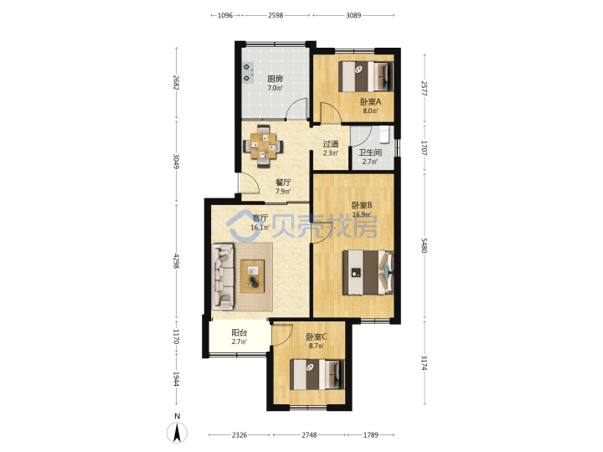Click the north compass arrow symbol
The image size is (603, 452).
point(177,433)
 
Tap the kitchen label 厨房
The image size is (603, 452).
point(275,79)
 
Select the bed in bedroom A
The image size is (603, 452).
point(366,76)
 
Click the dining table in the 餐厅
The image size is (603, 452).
point(264,146)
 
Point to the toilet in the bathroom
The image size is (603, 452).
point(384,134)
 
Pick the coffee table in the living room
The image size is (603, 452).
point(253,276)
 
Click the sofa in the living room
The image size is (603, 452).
point(223,276)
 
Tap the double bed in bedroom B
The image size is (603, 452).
point(368,273)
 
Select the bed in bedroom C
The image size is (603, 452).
point(317,374)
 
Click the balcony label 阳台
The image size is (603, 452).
point(240,332)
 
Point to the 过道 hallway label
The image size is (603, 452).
point(330,144)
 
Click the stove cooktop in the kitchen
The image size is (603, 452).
point(248,73)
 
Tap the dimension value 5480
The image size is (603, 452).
point(424,245)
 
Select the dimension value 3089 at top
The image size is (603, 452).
point(353,15)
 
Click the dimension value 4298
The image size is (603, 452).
point(176,261)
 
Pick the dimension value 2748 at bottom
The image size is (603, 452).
point(309,434)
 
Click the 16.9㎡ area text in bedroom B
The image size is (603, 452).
point(362,214)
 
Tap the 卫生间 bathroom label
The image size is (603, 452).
point(370,152)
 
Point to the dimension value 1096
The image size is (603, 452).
point(225,15)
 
